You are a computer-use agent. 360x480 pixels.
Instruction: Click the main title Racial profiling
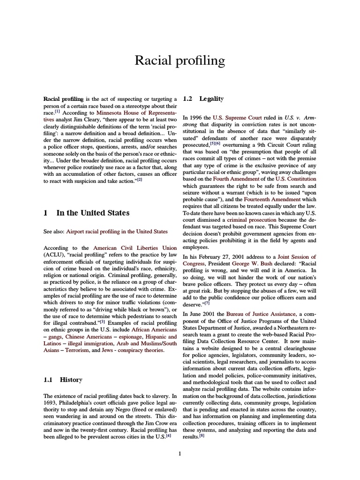180,60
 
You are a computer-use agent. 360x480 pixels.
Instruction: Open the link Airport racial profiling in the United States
117,231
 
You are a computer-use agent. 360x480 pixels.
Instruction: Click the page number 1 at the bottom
180,453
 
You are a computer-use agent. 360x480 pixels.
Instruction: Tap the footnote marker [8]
202,435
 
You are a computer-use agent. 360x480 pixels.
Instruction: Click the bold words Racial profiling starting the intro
63,99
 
